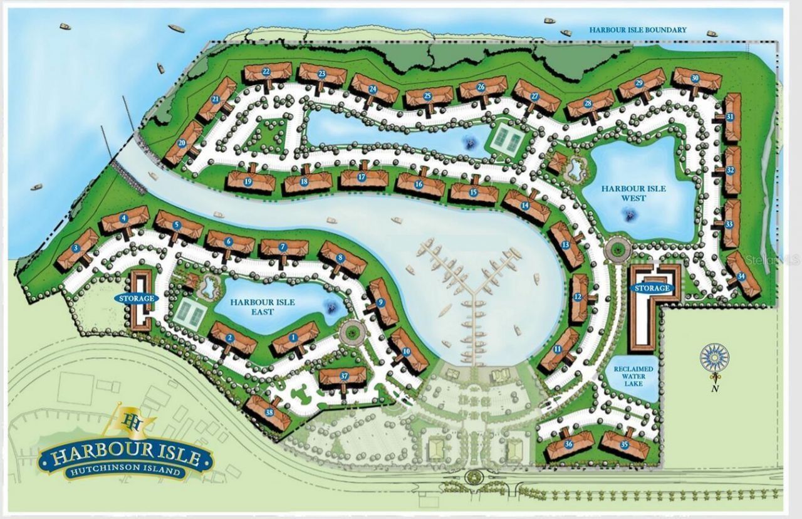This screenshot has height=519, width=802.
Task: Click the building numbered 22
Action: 267,72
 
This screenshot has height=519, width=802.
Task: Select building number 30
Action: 695,78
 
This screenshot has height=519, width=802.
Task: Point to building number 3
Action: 76,248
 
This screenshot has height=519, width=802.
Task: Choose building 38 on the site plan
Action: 269,412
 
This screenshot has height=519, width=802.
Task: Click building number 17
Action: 362,177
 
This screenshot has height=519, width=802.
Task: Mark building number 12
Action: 578,296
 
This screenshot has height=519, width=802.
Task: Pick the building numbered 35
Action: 624,444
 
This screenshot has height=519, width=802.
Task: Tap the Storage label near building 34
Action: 653,288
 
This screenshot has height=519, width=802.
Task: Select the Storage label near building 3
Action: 135,298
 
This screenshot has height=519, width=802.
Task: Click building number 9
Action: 381,303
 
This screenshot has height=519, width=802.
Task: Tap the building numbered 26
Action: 481,87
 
